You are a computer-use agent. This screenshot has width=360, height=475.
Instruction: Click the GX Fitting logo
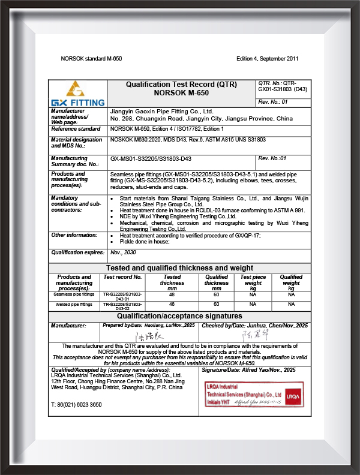78,95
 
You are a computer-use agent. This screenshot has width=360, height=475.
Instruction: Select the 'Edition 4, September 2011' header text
268,59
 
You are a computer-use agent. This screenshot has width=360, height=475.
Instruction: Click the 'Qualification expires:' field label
77,254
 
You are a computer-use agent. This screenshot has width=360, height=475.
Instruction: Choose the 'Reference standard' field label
76,129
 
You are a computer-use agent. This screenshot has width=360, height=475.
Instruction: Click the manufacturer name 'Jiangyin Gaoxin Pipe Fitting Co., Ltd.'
162,112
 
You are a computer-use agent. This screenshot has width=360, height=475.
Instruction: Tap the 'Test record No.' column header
123,277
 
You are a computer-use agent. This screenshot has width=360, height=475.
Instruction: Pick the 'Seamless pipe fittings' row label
74,294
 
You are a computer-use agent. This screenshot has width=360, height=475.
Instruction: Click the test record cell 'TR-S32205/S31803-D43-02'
123,306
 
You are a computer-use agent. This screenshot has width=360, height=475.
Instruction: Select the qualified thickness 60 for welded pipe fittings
217,305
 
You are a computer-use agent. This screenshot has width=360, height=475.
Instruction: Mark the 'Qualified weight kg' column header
291,282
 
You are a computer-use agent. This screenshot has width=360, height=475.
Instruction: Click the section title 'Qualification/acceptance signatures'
180,316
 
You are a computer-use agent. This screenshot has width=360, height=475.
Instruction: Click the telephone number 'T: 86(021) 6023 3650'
76,405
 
